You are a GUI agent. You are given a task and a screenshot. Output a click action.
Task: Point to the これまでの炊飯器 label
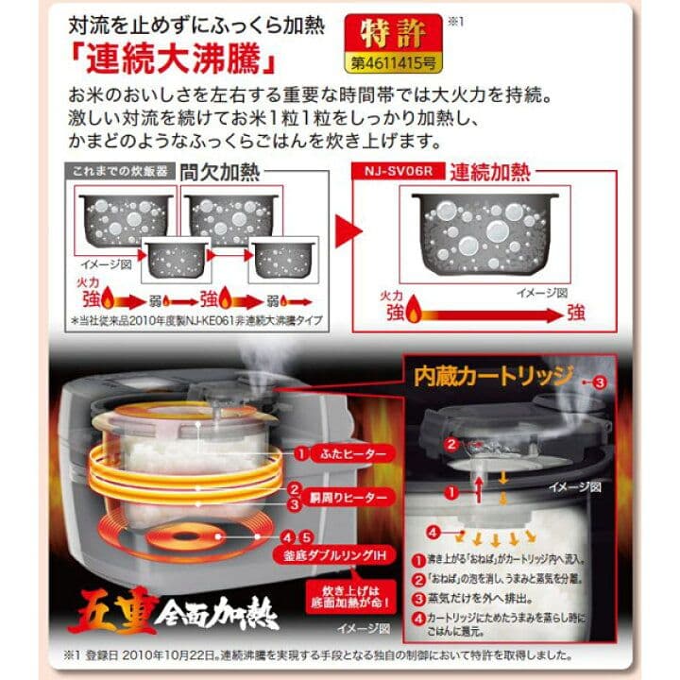click(x=111, y=173)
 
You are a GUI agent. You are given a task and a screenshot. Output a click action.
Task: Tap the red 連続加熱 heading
click(x=489, y=172)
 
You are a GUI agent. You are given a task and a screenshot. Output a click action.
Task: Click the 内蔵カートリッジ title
click(x=493, y=377)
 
